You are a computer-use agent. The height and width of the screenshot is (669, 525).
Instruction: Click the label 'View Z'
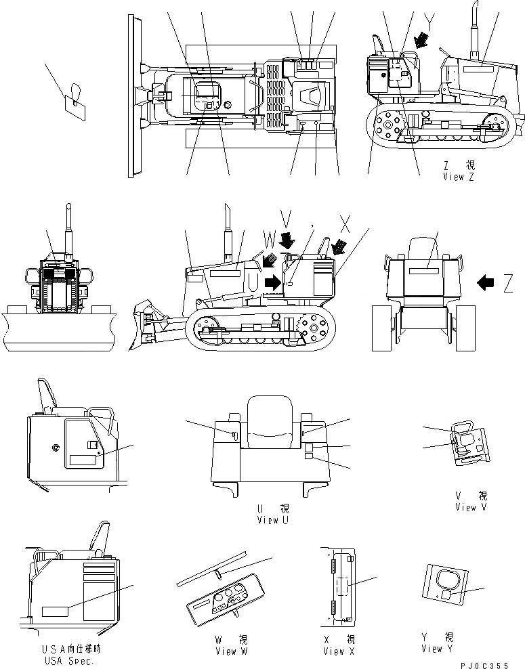click(x=463, y=177)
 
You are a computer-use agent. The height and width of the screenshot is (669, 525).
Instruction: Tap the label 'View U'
click(x=274, y=520)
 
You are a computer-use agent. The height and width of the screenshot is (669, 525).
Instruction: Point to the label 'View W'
click(x=231, y=651)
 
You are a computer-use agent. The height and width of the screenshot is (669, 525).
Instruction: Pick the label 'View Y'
click(x=441, y=649)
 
